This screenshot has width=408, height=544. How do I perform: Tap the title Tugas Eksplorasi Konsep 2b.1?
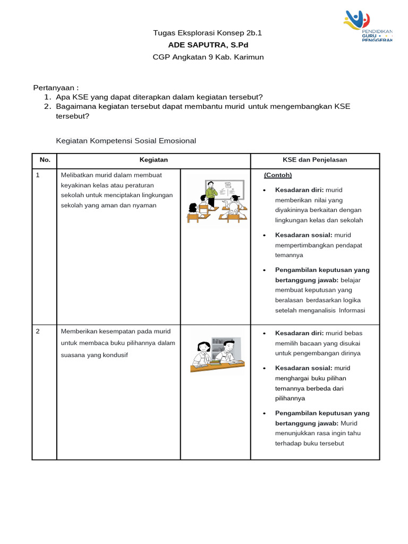(x=207, y=33)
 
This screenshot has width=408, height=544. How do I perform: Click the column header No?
(x=44, y=160)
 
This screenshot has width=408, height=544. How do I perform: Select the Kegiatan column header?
(x=154, y=160)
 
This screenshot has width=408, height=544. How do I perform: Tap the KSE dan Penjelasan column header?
(x=315, y=160)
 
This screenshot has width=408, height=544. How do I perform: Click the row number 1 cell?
(x=38, y=175)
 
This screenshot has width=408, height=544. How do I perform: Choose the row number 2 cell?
(x=38, y=331)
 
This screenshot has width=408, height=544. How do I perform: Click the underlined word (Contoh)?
(x=278, y=175)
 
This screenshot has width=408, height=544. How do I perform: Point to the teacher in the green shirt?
(x=211, y=192)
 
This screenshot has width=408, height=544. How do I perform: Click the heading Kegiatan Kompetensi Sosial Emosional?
(x=126, y=141)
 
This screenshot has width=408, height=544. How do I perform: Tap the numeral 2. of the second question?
(x=47, y=106)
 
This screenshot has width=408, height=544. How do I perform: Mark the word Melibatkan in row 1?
(x=76, y=175)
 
